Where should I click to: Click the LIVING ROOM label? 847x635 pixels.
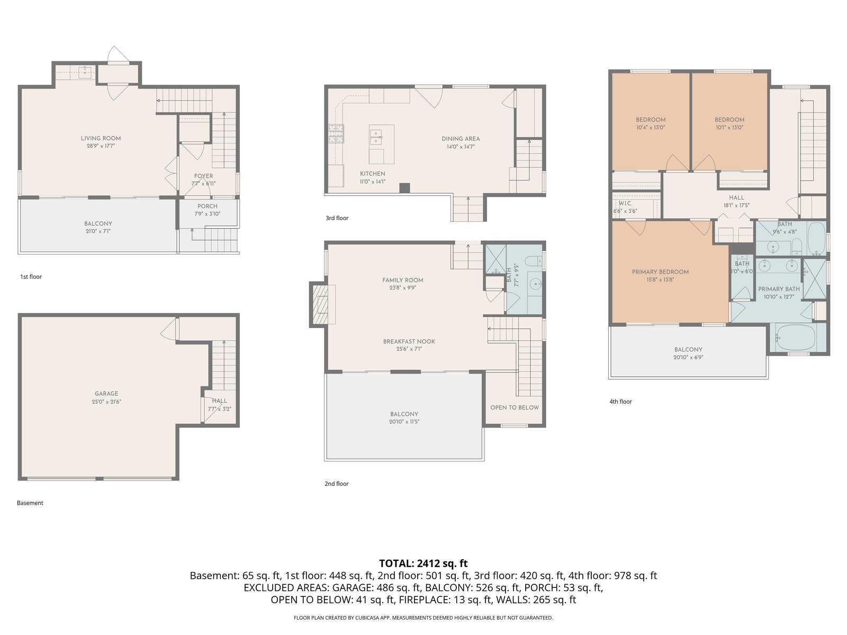(x=101, y=138)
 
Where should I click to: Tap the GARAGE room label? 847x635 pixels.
(x=106, y=394)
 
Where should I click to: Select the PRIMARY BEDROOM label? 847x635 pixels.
(x=660, y=272)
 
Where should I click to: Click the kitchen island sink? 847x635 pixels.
(x=376, y=137)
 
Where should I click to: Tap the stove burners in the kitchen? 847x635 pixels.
(x=336, y=134)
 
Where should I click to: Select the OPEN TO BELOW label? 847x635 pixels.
(x=515, y=407)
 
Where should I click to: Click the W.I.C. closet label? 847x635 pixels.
(x=625, y=203)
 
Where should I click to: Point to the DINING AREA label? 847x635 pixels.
(x=461, y=139)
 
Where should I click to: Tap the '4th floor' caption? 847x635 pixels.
(x=620, y=401)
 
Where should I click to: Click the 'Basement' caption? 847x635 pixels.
(x=30, y=503)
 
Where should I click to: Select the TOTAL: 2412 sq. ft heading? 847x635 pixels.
(x=424, y=563)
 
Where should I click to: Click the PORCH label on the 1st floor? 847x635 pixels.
(x=207, y=206)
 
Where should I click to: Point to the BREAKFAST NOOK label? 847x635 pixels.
(x=409, y=341)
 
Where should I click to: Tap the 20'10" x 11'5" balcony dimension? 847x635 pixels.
(x=404, y=421)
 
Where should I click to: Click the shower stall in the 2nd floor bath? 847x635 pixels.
(x=495, y=259)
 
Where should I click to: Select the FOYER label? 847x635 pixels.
(x=203, y=176)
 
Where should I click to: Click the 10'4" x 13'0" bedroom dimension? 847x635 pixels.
(x=651, y=127)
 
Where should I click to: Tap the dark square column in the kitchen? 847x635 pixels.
(x=404, y=188)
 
